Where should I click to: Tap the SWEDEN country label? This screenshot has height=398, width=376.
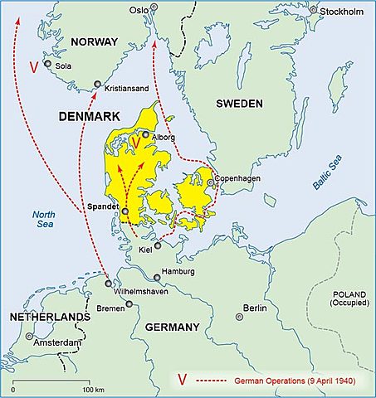[239, 104]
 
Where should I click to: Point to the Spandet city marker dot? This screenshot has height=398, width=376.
[125, 211]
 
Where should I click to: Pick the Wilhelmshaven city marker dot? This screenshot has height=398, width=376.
[109, 283]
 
